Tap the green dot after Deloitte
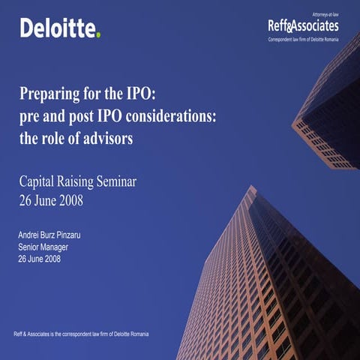[97, 35]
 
